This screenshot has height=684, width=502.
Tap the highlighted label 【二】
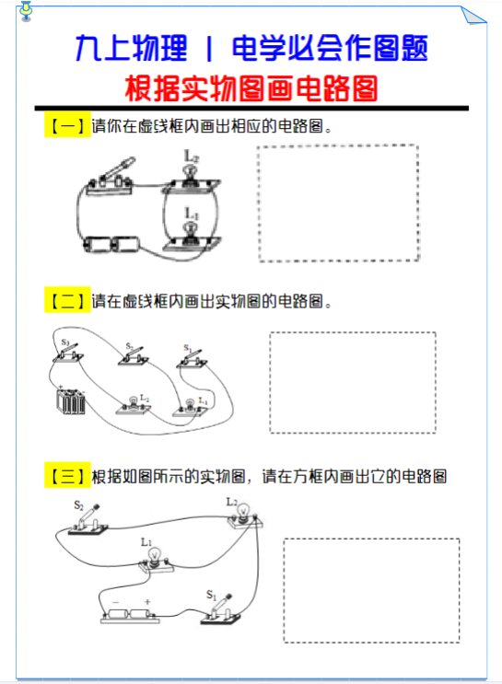pos(66,300)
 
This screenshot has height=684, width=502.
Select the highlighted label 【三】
pos(66,476)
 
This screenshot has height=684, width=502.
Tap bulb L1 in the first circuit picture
pos(192,235)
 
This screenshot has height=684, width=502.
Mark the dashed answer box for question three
pos(370,590)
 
